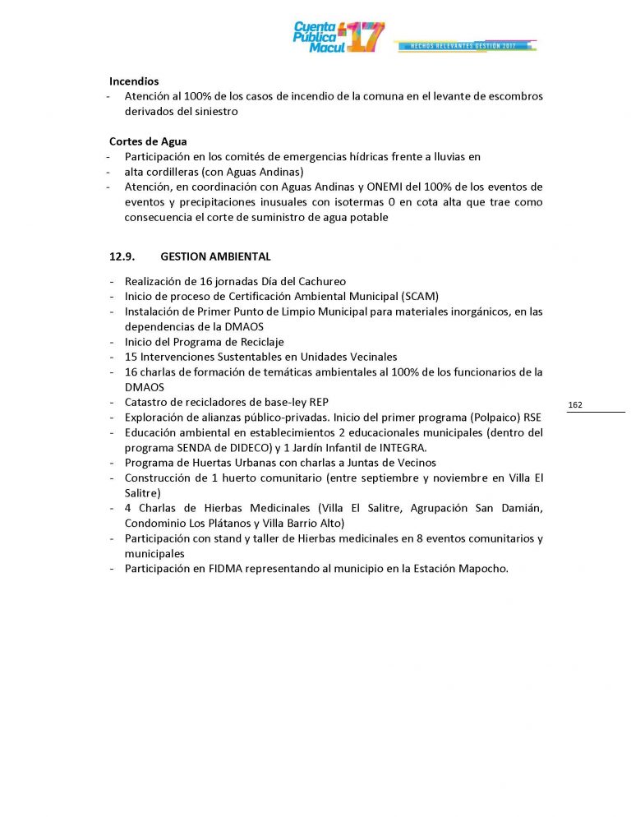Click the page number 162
(x=575, y=405)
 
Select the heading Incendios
(x=134, y=81)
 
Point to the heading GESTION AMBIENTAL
(x=216, y=257)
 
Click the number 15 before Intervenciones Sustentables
(x=131, y=358)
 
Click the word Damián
(x=519, y=509)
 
